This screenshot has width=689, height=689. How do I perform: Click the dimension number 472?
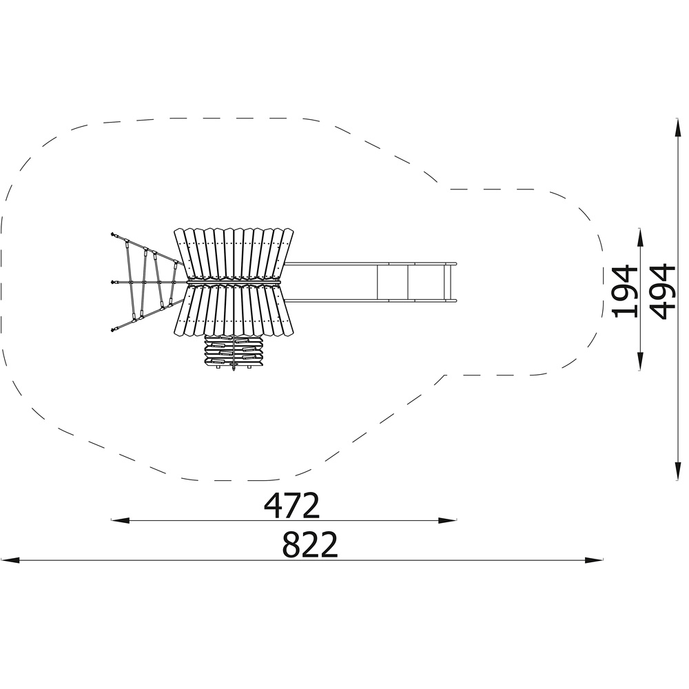tap(291, 506)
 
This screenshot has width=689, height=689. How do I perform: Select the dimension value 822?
tap(310, 544)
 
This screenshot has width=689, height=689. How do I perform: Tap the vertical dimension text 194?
tap(624, 291)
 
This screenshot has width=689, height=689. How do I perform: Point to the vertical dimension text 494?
tap(662, 291)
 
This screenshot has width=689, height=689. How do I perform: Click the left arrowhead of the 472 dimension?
tap(120, 521)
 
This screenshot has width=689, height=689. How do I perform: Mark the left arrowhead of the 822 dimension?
tap(10, 560)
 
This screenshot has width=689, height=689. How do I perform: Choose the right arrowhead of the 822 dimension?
tap(594, 560)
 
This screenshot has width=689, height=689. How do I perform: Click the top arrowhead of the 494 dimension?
tap(679, 127)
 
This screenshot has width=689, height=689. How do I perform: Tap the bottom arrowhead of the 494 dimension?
tap(679, 471)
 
